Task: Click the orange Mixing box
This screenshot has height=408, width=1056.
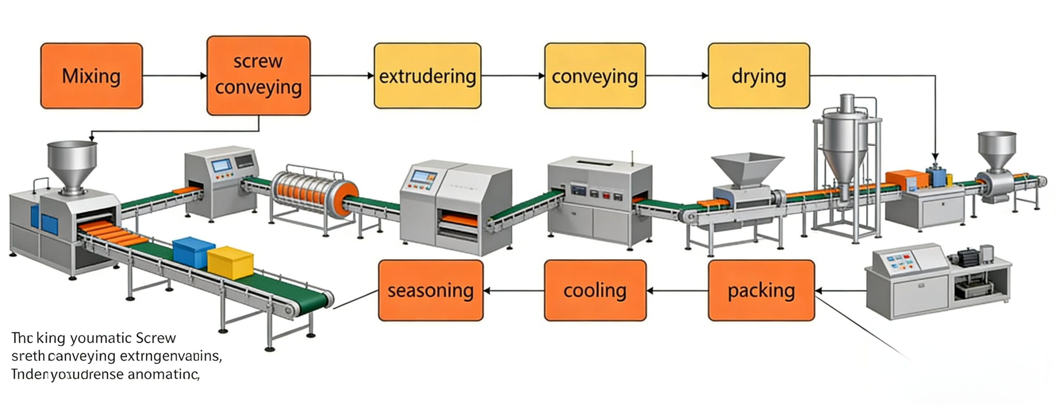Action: [x=92, y=76]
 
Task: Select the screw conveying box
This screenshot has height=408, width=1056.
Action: [x=258, y=75]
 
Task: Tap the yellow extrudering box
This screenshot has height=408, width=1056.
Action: [x=427, y=76]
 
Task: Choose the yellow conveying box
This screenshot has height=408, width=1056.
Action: [x=594, y=76]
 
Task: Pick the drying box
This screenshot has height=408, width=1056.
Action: [x=759, y=76]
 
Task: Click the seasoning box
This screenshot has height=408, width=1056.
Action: [x=431, y=290]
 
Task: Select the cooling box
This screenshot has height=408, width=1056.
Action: [x=595, y=290]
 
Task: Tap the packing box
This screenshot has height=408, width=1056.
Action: [x=761, y=290]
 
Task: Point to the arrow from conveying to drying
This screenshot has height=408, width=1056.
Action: [x=676, y=76]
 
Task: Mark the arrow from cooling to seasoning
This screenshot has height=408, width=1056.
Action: [x=514, y=291]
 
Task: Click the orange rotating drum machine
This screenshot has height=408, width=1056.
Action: [x=313, y=194]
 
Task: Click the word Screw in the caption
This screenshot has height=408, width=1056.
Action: [x=156, y=338]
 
